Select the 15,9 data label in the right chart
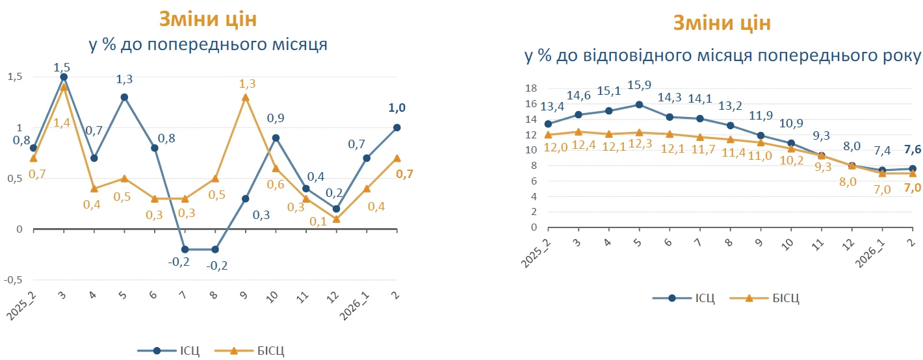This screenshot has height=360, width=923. [639, 86]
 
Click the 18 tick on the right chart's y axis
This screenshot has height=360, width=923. [531, 88]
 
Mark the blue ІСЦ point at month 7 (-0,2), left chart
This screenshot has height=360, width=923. [185, 250]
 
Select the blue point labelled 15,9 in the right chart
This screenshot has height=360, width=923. [639, 104]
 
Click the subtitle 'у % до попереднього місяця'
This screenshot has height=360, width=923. [207, 45]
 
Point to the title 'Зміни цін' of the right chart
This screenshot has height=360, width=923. [721, 24]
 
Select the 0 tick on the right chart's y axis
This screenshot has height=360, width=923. [533, 227]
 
